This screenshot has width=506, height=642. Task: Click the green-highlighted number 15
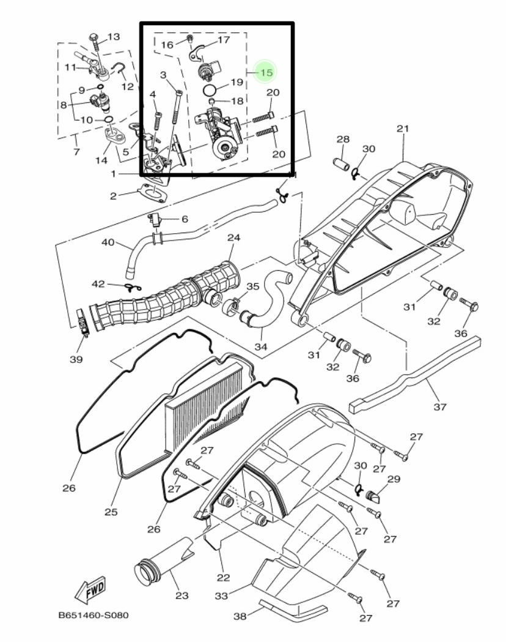(x=266, y=72)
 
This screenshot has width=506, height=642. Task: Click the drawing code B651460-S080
(x=94, y=616)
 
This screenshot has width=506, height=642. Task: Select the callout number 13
(x=114, y=37)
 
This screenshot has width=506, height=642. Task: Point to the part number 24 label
(x=234, y=237)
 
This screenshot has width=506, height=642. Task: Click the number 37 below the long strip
(x=440, y=406)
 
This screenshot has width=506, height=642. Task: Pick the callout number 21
(x=403, y=128)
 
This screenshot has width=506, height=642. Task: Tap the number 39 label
(x=76, y=359)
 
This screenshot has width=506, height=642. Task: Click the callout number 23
(x=182, y=595)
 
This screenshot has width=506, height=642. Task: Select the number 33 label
(x=221, y=595)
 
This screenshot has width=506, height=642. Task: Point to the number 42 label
(x=98, y=284)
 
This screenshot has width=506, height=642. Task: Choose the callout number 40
(x=108, y=242)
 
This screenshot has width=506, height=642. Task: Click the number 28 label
(x=343, y=139)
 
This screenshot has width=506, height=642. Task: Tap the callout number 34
(x=261, y=346)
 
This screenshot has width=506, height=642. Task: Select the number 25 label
(x=111, y=512)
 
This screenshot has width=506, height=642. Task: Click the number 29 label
(x=394, y=479)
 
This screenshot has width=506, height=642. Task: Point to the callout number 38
(x=240, y=616)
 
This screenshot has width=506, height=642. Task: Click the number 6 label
(x=185, y=219)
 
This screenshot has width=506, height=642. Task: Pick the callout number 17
(x=224, y=40)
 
